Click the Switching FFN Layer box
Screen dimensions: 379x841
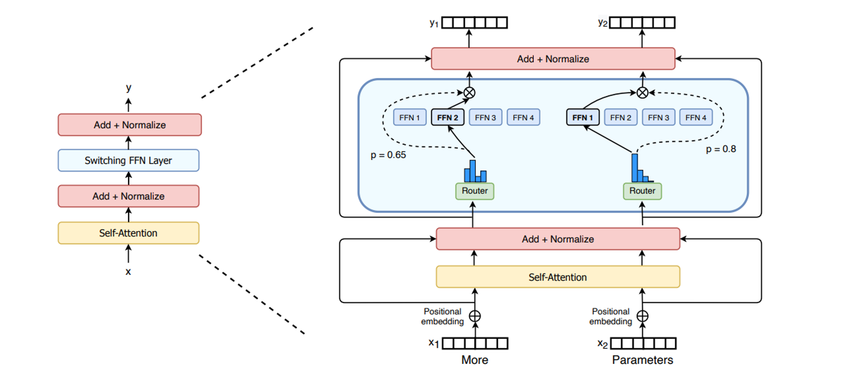(x=128, y=160)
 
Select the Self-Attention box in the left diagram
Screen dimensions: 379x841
(x=128, y=233)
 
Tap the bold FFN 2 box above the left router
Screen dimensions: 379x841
(x=448, y=118)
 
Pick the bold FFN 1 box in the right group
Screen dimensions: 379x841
(x=582, y=118)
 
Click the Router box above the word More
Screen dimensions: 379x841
(x=474, y=191)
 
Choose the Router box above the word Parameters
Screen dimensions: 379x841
(x=642, y=191)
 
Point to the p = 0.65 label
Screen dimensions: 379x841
(x=388, y=155)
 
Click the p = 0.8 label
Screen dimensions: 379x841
(x=721, y=149)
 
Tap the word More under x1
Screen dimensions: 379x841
(x=474, y=360)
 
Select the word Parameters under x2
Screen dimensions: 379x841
(x=642, y=360)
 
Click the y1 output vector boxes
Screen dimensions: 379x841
(x=474, y=23)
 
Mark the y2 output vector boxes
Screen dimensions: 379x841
(x=642, y=23)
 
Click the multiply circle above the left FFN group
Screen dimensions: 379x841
(x=469, y=92)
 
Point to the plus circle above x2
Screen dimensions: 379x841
(x=642, y=316)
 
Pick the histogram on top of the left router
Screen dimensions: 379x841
(x=475, y=172)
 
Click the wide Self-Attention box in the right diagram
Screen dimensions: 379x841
(x=558, y=277)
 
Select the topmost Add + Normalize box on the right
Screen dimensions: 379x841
(x=553, y=59)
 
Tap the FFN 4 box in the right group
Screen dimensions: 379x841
(x=696, y=118)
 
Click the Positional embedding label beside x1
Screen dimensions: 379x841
(x=442, y=316)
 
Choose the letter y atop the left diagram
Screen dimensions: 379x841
(x=128, y=88)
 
